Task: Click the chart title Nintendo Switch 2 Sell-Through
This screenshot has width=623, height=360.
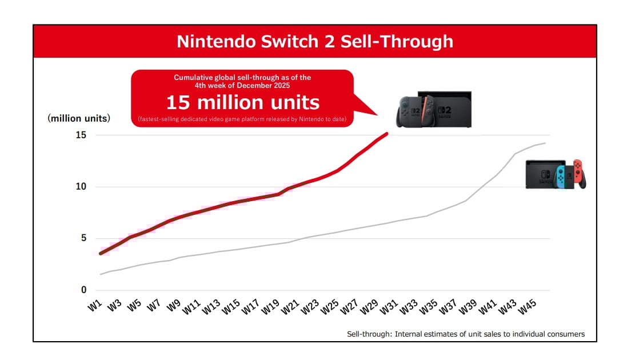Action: [x=314, y=41]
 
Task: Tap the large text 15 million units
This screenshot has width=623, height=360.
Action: [x=242, y=102]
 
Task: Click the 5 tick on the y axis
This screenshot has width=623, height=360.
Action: [x=83, y=238]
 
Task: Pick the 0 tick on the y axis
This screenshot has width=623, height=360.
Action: [x=83, y=290]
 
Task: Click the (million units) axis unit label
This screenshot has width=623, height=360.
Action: [x=79, y=118]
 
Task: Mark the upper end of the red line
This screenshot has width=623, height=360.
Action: [x=388, y=134]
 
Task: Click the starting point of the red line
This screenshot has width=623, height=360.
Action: [x=101, y=253]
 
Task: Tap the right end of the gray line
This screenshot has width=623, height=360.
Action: [x=545, y=143]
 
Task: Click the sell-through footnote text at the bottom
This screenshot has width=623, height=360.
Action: [x=466, y=334]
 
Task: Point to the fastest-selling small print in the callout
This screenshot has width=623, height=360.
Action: [x=242, y=119]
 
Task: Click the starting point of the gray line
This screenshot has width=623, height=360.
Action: [x=101, y=274]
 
